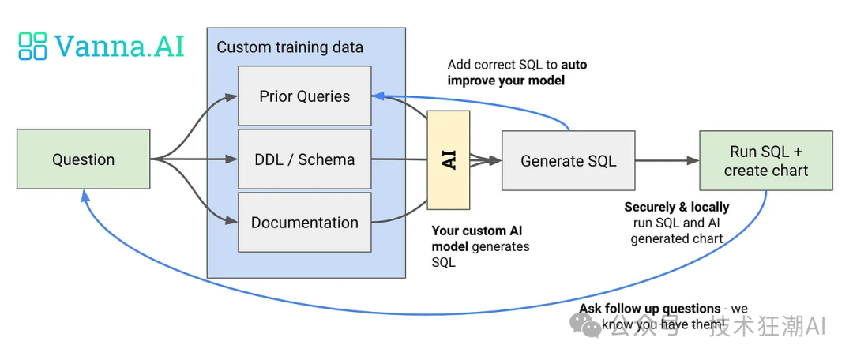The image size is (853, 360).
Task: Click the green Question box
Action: (x=83, y=159)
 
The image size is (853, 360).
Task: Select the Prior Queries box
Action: (x=304, y=96)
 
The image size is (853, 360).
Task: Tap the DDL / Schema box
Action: (x=304, y=159)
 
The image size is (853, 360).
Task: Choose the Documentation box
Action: (x=304, y=223)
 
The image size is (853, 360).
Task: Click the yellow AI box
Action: (x=449, y=159)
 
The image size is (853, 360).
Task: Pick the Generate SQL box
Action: (x=568, y=161)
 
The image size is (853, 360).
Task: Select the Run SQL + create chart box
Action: (x=765, y=161)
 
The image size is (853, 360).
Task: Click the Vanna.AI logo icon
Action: (x=33, y=46)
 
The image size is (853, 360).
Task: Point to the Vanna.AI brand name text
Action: (x=119, y=46)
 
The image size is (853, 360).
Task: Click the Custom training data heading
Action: (x=290, y=47)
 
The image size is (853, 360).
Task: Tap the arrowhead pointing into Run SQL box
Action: (x=693, y=161)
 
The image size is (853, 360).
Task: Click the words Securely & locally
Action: (x=677, y=207)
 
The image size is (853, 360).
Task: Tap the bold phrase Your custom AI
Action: (x=476, y=231)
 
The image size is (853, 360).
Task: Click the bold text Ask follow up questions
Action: (x=650, y=309)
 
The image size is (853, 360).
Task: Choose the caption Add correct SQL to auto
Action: (x=517, y=65)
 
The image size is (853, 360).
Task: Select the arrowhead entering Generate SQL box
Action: (x=496, y=161)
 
